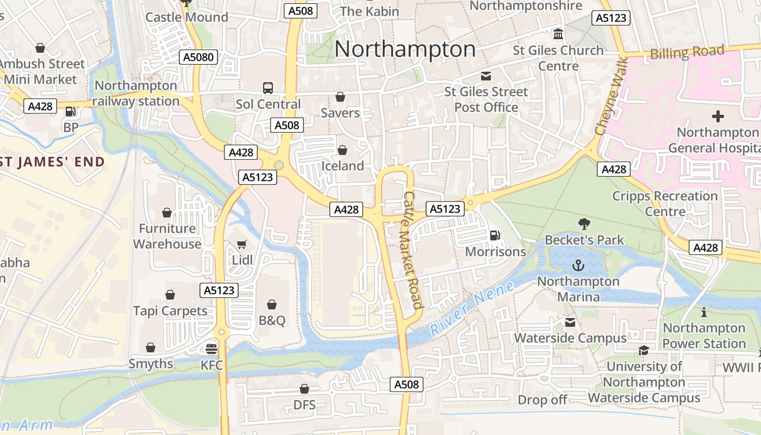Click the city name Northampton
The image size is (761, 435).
click(405, 49)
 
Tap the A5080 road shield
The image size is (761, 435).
click(199, 57)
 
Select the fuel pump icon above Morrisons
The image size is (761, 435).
click(495, 235)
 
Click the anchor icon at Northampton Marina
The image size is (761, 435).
click(578, 265)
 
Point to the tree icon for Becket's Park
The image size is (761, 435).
click(584, 223)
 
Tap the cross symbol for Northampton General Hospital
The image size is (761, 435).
click(718, 116)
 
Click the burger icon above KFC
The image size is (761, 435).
click(211, 349)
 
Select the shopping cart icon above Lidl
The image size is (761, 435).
click(242, 245)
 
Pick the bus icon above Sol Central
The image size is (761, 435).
click(268, 88)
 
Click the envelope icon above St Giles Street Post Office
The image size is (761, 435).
click(485, 76)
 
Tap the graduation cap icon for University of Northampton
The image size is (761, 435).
click(644, 351)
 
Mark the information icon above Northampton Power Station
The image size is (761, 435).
click(704, 312)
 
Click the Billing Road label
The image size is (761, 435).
click(687, 53)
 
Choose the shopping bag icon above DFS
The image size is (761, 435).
click(304, 389)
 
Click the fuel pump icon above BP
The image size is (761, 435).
click(70, 111)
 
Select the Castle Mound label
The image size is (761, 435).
click(186, 17)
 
